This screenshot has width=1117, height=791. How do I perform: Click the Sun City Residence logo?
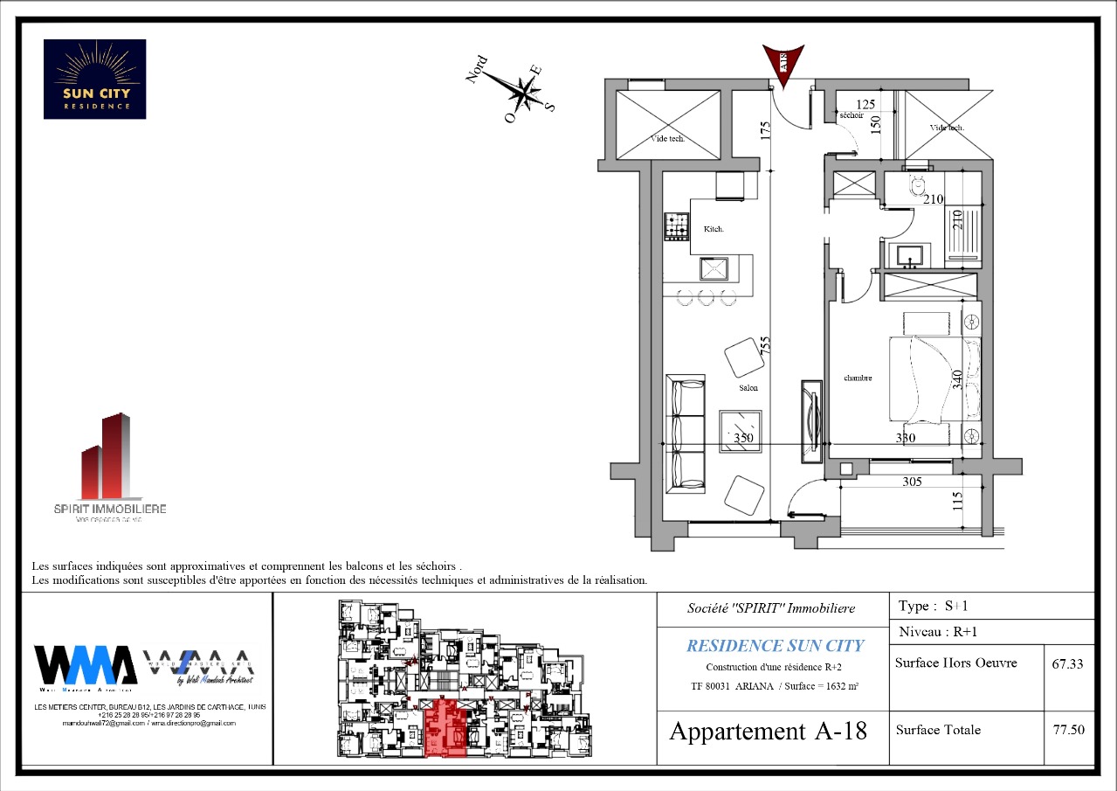pos(94,79)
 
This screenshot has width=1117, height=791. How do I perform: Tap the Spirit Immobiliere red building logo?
pos(107,457)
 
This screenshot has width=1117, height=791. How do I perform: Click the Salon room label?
pos(748,387)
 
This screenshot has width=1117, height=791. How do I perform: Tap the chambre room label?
pos(858,378)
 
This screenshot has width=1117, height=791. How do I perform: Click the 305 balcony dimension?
pos(911,482)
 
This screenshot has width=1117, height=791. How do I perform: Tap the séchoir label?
pos(851,115)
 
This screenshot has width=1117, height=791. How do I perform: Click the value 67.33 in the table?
pos(1067,663)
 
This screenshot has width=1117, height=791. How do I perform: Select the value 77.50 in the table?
pos(1068,730)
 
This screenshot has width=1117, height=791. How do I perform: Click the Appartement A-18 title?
pos(768,731)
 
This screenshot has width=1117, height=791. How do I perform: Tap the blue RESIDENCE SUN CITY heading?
pos(775,646)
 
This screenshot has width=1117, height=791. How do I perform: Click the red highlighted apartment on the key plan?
pos(445,727)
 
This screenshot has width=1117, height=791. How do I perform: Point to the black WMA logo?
pos(85,665)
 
